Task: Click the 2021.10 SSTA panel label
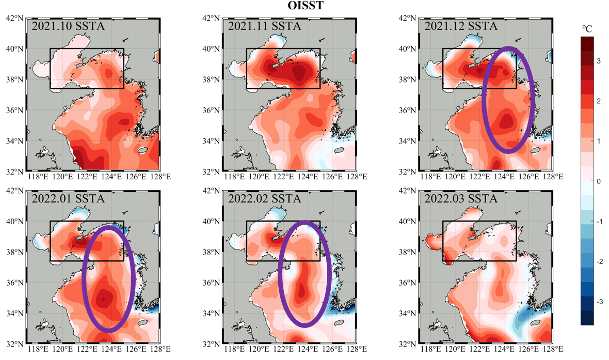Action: click(x=68, y=26)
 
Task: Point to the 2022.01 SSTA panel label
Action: click(x=68, y=198)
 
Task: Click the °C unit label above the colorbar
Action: click(x=587, y=29)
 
